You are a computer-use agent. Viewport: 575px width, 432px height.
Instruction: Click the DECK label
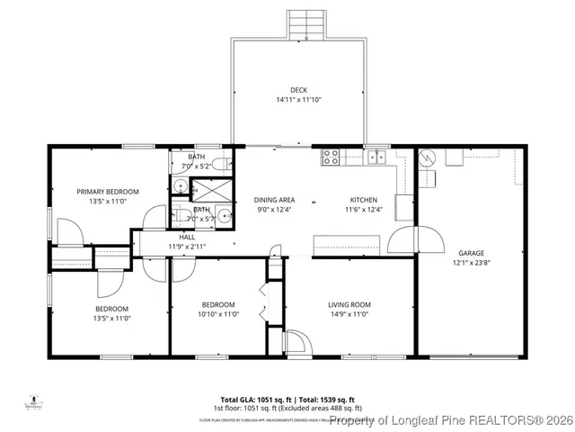(298, 89)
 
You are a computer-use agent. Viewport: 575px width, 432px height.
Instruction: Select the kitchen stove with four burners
(331, 157)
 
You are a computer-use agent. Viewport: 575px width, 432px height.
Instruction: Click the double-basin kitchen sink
(377, 157)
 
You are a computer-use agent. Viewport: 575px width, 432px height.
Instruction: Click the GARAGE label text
(471, 253)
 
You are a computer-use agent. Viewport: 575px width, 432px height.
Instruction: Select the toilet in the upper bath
(226, 164)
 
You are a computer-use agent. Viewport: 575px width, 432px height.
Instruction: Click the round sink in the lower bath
(217, 215)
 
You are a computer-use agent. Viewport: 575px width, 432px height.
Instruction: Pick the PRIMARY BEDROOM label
(107, 192)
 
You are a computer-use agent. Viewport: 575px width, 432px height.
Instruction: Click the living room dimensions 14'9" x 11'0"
(349, 315)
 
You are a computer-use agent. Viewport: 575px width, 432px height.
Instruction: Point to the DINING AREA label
(275, 200)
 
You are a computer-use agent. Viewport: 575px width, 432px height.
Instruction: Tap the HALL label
(187, 237)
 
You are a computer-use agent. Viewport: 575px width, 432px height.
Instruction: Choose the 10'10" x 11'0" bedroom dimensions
(217, 315)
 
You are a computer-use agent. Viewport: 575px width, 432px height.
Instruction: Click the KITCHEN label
(363, 200)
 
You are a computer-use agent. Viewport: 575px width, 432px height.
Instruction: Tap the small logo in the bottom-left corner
(35, 401)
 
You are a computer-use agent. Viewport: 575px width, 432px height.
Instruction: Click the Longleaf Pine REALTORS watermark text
(449, 419)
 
